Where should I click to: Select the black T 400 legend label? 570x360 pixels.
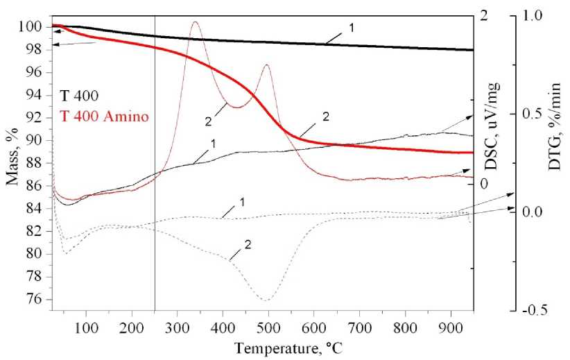click(78, 97)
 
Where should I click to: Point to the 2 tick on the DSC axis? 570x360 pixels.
click(483, 15)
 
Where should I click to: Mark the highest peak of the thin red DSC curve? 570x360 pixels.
click(195, 22)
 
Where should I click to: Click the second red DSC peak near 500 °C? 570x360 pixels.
click(266, 65)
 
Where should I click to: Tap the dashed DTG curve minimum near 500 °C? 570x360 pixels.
click(266, 300)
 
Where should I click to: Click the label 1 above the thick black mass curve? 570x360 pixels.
click(352, 28)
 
